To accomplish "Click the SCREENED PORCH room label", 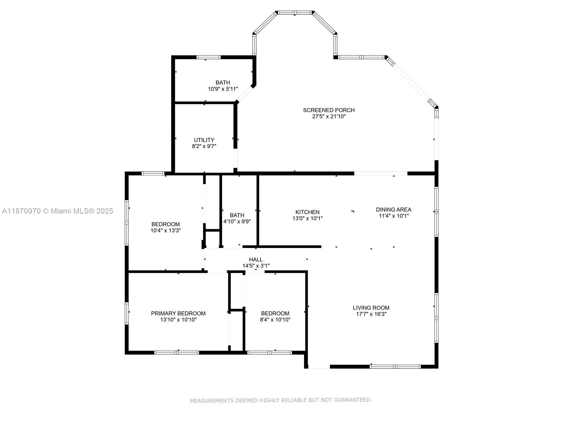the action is point(329,110).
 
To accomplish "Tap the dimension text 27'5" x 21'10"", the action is point(329,117).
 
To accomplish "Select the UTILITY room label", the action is point(204,140).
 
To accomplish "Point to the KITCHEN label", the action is point(307,212).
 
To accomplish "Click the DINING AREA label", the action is point(393,210).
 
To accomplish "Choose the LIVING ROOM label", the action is point(371,308).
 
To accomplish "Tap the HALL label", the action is point(256,260).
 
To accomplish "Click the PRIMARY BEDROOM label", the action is point(178,313).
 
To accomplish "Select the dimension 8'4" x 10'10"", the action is point(275,320).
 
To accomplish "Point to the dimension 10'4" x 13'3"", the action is point(165,231).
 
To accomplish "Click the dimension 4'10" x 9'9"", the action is point(237,222).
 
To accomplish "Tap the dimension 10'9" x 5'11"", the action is point(223,89).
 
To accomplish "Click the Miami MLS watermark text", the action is point(57,211).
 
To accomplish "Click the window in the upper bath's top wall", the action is point(209,57).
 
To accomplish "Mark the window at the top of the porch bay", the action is point(295,13).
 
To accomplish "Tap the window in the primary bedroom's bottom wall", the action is point(177,353).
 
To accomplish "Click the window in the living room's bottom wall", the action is point(395,367).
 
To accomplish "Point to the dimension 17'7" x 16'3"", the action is point(371,314).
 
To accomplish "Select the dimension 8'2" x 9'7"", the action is point(204,146).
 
